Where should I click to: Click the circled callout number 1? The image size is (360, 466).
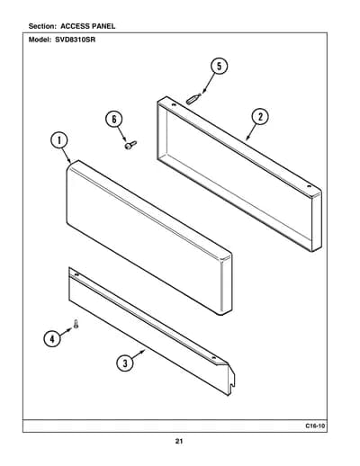[x=58, y=140]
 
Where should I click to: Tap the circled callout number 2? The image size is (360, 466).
[x=260, y=117]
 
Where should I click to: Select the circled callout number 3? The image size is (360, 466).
[x=125, y=363]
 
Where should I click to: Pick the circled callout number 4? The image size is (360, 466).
[x=52, y=339]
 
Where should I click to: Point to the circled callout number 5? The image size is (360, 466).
[x=219, y=67]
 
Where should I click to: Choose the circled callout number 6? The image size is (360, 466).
[x=114, y=120]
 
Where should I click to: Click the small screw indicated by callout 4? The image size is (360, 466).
[x=76, y=324]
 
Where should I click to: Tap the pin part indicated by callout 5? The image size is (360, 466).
[x=193, y=99]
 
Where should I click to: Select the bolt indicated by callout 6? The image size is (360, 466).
[x=130, y=145]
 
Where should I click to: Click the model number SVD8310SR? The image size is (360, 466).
[x=75, y=40]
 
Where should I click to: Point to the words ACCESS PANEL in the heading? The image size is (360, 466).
[x=87, y=26]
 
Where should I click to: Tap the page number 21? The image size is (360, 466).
[x=179, y=441]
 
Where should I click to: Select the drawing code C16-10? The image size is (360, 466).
[x=315, y=426]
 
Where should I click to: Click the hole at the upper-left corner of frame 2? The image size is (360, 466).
[x=174, y=104]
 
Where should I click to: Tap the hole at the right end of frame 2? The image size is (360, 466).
[x=309, y=186]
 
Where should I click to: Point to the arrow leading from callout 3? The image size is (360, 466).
[x=139, y=354]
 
